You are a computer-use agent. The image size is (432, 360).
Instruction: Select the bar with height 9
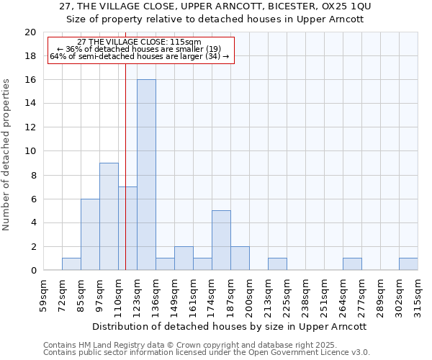(109, 217)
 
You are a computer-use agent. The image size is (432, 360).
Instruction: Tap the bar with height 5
(221, 240)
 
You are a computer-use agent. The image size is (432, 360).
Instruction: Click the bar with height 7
(127, 228)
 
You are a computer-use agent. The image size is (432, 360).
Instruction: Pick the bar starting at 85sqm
(90, 235)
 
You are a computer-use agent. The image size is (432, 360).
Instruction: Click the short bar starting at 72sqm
(71, 264)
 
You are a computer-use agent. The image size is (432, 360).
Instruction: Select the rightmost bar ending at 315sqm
(408, 264)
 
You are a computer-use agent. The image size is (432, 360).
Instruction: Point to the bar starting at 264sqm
(352, 264)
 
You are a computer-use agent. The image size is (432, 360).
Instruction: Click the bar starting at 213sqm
(277, 264)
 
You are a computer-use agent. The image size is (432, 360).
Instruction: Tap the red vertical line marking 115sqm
(125, 144)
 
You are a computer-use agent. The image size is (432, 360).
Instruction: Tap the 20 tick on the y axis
(30, 32)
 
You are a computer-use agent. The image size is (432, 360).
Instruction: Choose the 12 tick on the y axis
(30, 127)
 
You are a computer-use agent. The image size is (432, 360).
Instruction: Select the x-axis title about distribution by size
(230, 326)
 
